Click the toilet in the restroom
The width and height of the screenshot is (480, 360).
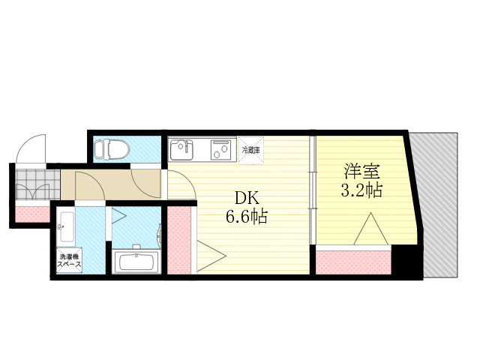pos(112,149)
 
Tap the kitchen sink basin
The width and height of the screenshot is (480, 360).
pos(181,150)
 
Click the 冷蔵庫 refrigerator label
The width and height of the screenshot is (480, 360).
pos(250,150)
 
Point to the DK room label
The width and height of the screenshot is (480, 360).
pos(247,198)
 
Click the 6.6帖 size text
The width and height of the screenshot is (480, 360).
pos(247,217)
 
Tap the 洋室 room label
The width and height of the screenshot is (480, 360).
pos(361,172)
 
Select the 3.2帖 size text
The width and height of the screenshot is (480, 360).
pos(361,190)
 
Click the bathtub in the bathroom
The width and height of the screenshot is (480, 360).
pos(136,262)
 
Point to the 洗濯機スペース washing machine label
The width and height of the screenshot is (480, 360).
pos(69,260)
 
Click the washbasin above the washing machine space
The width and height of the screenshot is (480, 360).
pos(66,226)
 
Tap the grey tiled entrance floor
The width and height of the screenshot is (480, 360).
pos(37,184)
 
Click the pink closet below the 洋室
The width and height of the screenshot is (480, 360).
pos(353,262)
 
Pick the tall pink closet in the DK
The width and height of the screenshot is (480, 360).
pos(179,240)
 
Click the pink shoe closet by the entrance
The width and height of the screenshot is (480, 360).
pos(32,214)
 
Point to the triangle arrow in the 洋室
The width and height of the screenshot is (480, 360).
pos(371,228)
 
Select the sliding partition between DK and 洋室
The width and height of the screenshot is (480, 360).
pos(312,190)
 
